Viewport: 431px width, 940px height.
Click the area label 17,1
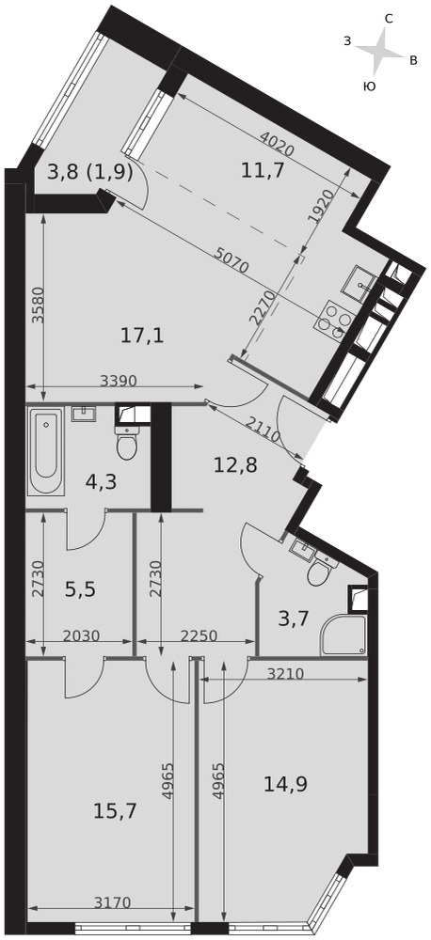click(x=142, y=336)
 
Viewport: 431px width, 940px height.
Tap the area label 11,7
click(x=262, y=171)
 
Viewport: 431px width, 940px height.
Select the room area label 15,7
click(x=115, y=812)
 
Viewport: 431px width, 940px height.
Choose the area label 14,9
click(x=286, y=784)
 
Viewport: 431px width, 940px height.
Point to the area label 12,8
click(x=236, y=464)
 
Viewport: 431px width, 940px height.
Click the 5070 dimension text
click(x=231, y=258)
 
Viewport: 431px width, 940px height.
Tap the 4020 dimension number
click(x=278, y=143)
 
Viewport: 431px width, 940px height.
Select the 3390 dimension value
click(x=119, y=380)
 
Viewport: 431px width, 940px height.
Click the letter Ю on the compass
click(x=371, y=86)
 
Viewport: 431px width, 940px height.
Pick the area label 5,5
click(x=80, y=590)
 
